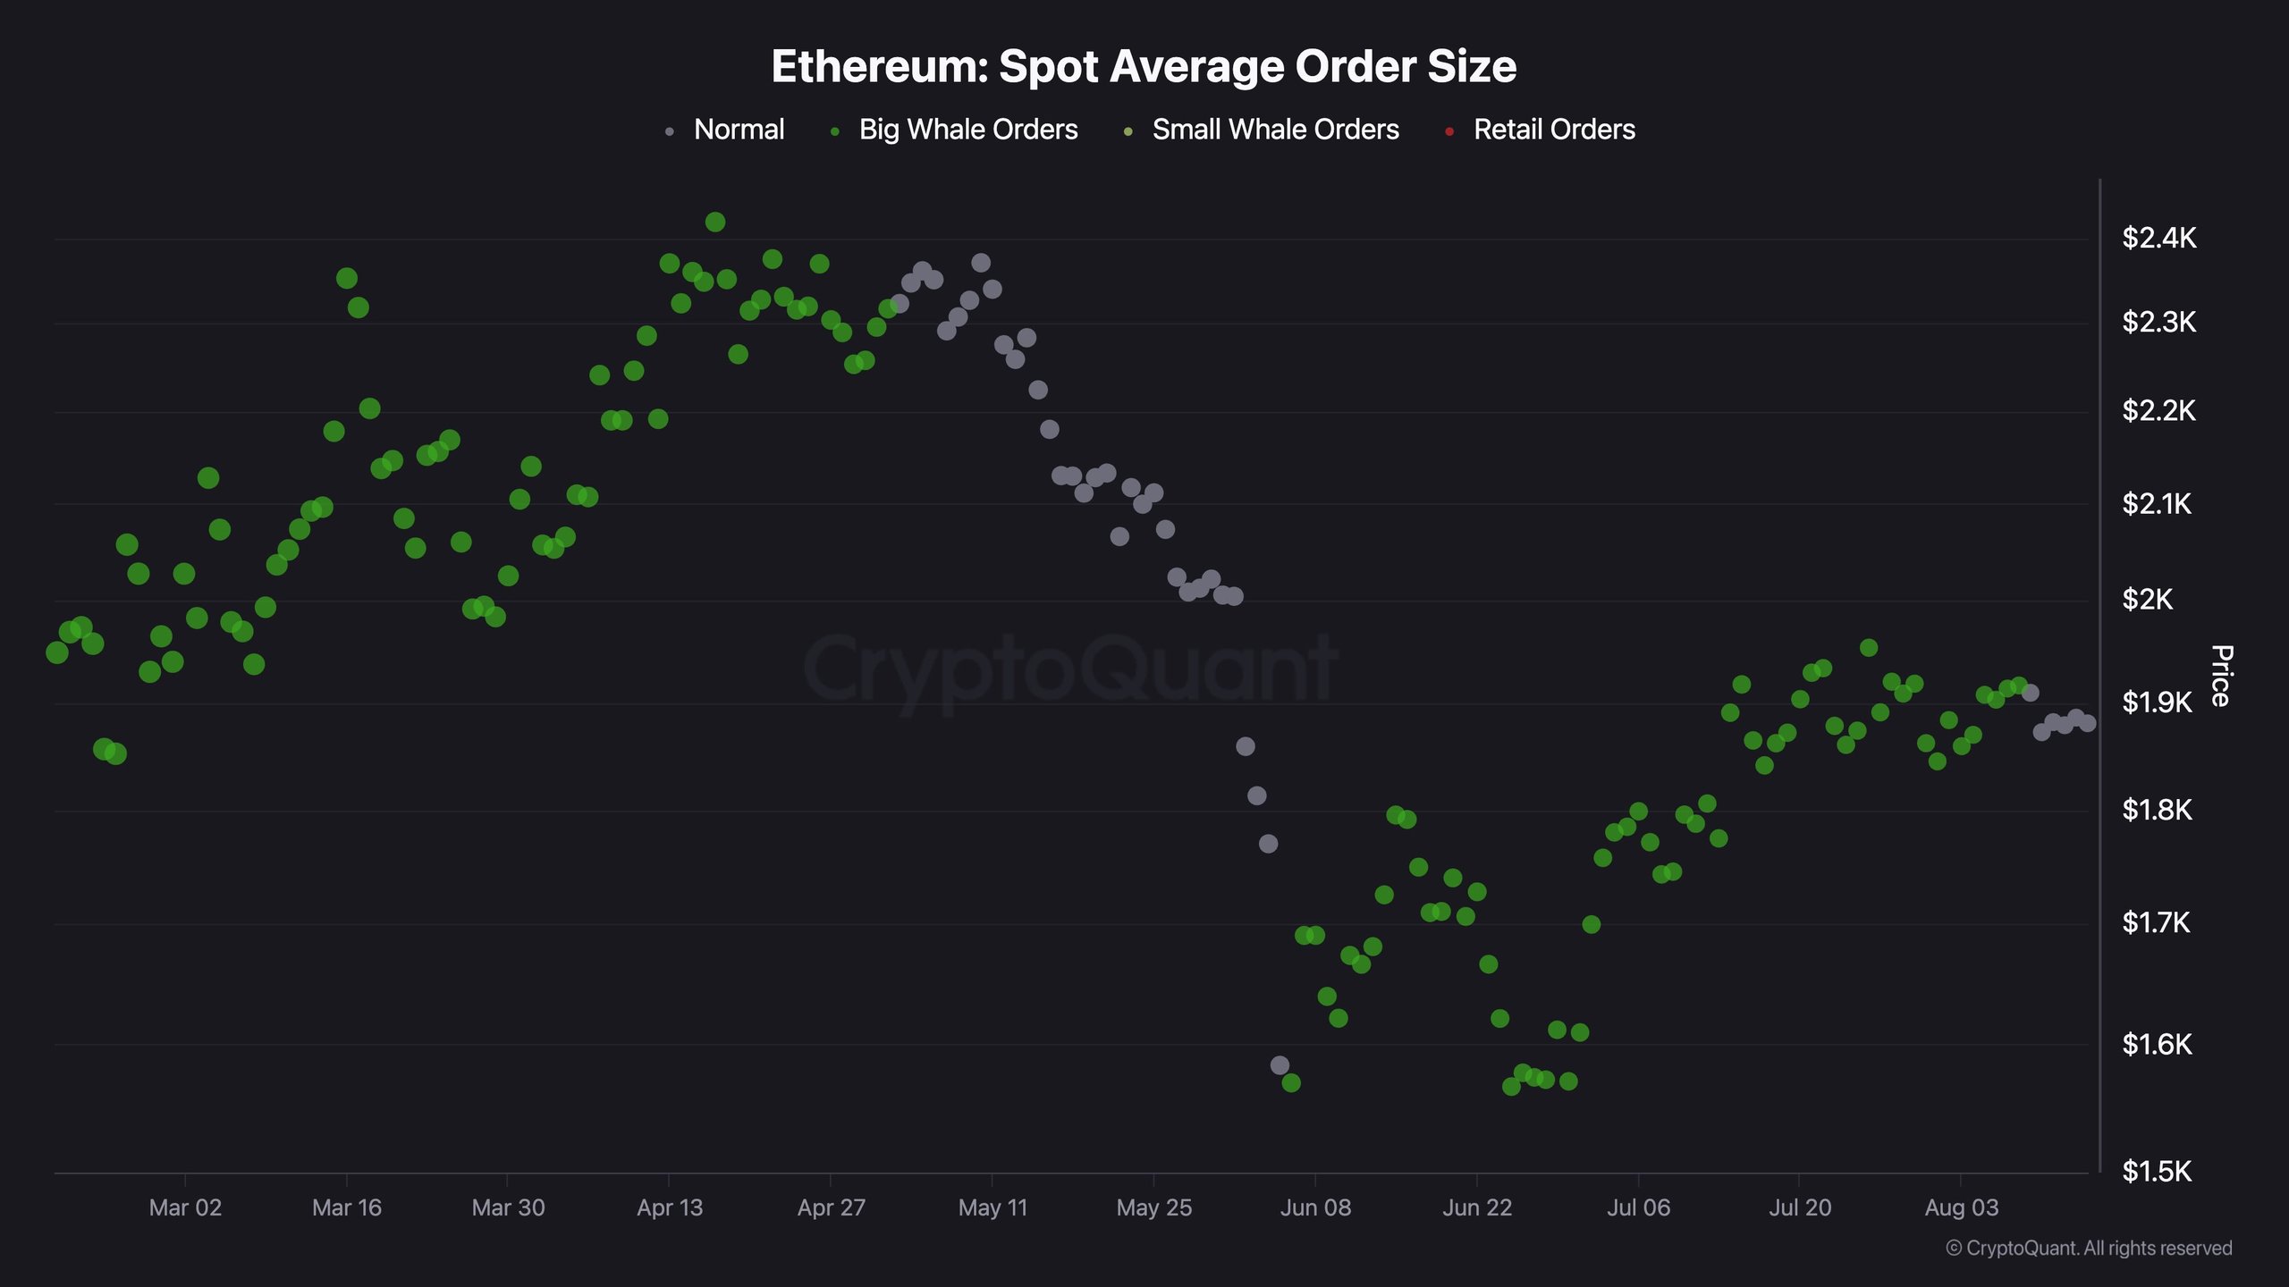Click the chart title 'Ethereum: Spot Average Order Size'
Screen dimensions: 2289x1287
pyautogui.click(x=1144, y=66)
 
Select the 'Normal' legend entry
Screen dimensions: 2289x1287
pyautogui.click(x=725, y=130)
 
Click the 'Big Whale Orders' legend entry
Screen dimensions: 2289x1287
pyautogui.click(x=954, y=130)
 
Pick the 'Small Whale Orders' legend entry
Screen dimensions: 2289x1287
pyautogui.click(x=1261, y=130)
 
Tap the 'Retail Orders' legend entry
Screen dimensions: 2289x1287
pyautogui.click(x=1541, y=130)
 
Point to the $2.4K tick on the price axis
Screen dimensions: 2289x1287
pyautogui.click(x=2158, y=238)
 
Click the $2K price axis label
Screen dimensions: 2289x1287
pyautogui.click(x=2147, y=599)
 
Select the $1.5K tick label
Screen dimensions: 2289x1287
pyautogui.click(x=2157, y=1171)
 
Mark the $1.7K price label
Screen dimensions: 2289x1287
pyautogui.click(x=2156, y=922)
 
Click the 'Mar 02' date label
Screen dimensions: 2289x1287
pyautogui.click(x=185, y=1208)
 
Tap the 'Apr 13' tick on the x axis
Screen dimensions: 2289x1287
pyautogui.click(x=670, y=1208)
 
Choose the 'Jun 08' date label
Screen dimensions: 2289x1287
pyautogui.click(x=1315, y=1208)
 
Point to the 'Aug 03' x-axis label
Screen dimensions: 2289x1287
pyautogui.click(x=1961, y=1208)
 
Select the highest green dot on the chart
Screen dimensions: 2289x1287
pyautogui.click(x=715, y=222)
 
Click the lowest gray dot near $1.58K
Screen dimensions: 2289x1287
pyautogui.click(x=1280, y=1065)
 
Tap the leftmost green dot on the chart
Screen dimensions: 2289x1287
pyautogui.click(x=56, y=652)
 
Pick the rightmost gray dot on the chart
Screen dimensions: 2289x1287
pyautogui.click(x=2087, y=723)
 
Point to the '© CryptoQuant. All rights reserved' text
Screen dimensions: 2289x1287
pyautogui.click(x=2089, y=1249)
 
